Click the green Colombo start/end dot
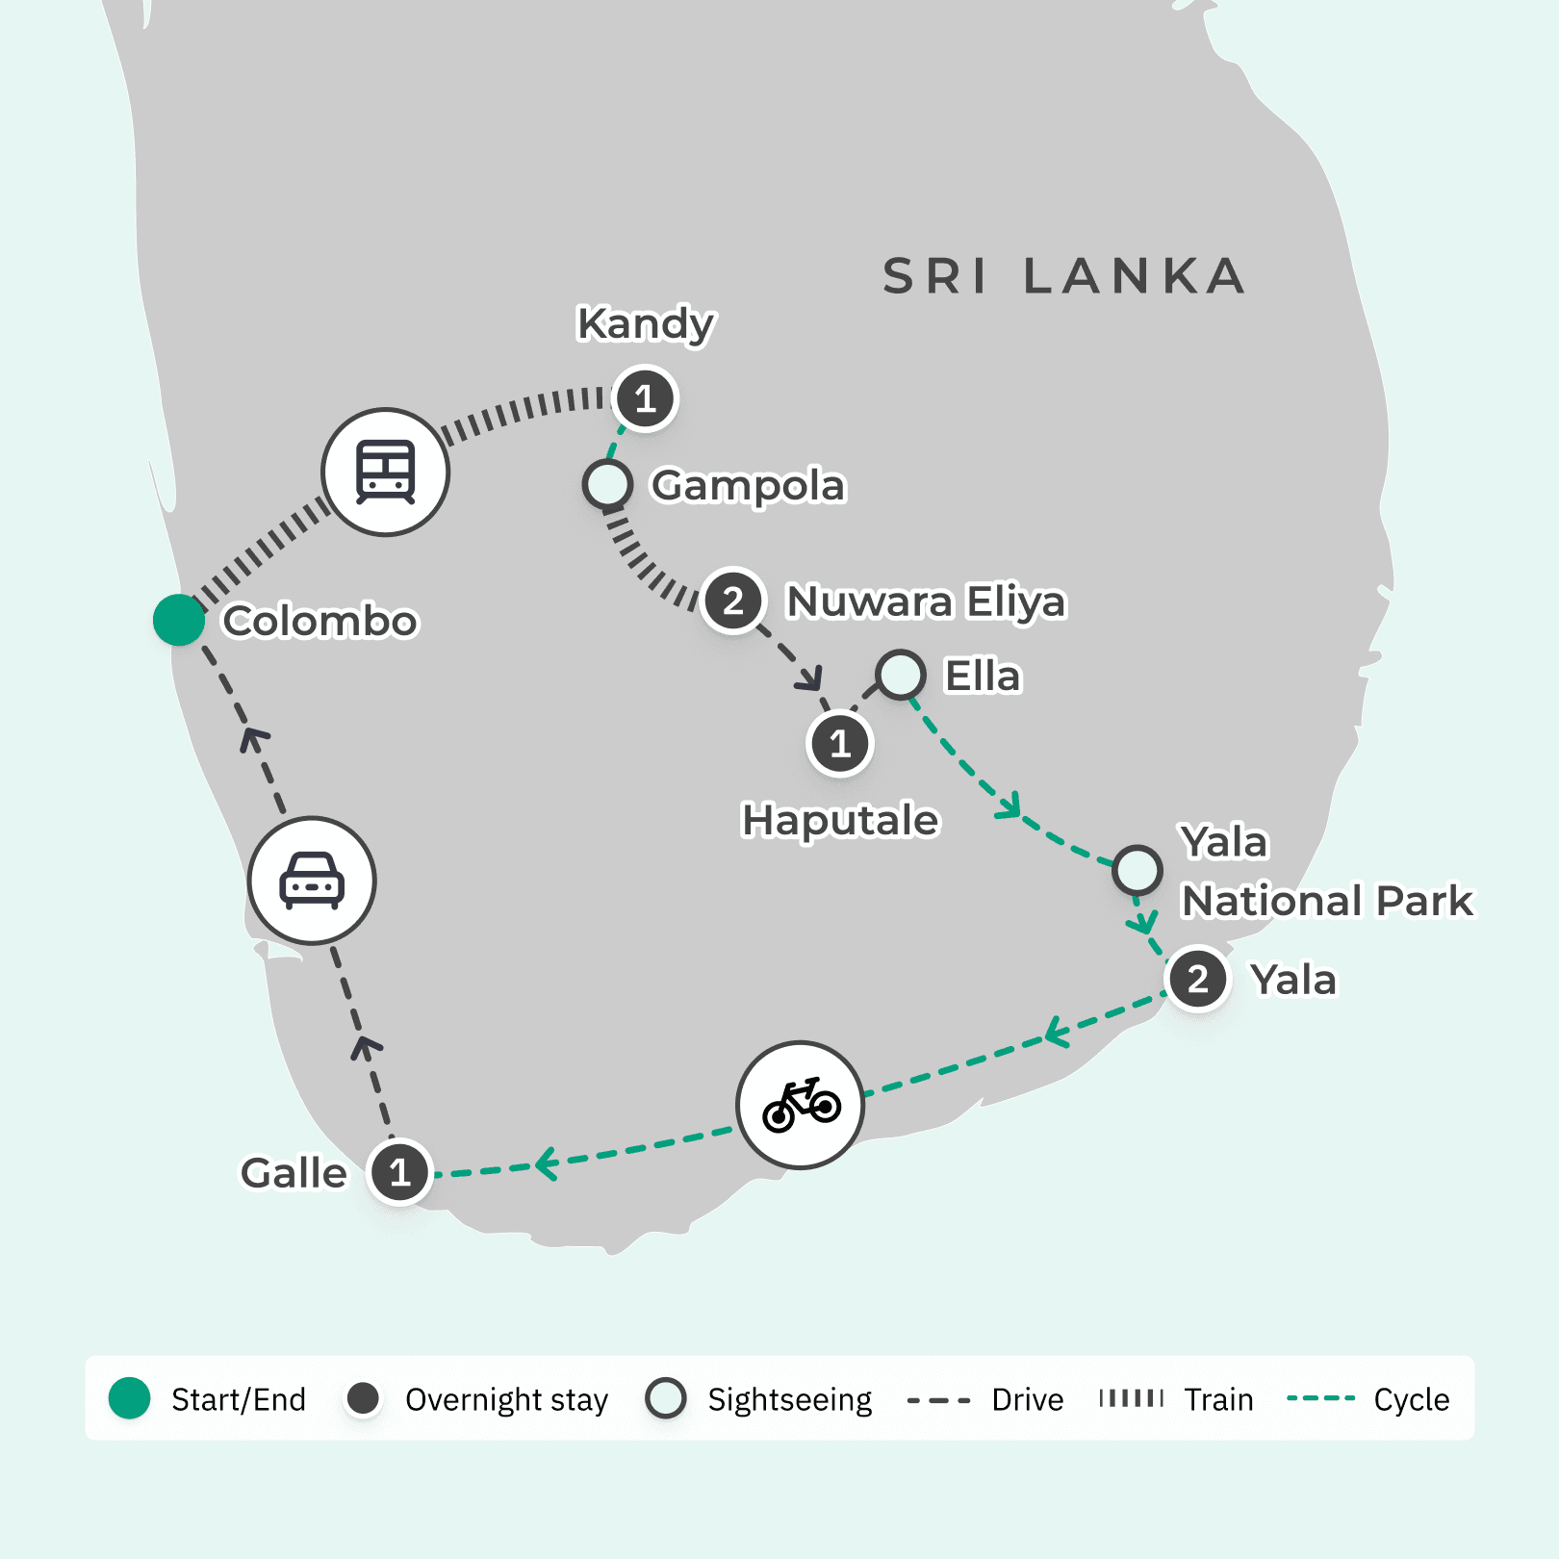point(179,620)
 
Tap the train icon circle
point(385,472)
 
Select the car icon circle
point(312,880)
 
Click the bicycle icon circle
point(800,1105)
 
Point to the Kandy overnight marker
point(645,397)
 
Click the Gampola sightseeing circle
point(607,484)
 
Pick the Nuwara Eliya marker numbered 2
point(732,600)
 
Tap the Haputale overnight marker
point(840,743)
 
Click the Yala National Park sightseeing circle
point(1137,870)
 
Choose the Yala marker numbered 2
point(1197,979)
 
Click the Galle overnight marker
point(399,1172)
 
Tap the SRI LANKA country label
point(1063,277)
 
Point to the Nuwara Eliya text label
point(926,601)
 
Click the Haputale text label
point(839,821)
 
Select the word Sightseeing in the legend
point(789,1399)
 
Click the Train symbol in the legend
point(1132,1398)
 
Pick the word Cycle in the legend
point(1411,1399)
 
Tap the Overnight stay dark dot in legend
point(364,1398)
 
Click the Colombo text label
point(319,622)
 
